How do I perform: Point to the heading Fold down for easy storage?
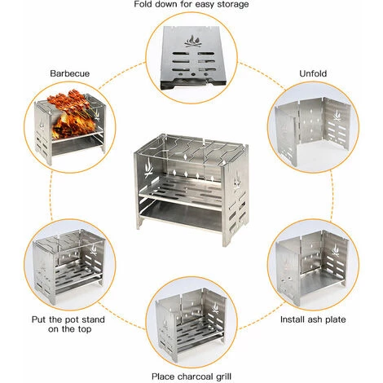pos(191,5)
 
